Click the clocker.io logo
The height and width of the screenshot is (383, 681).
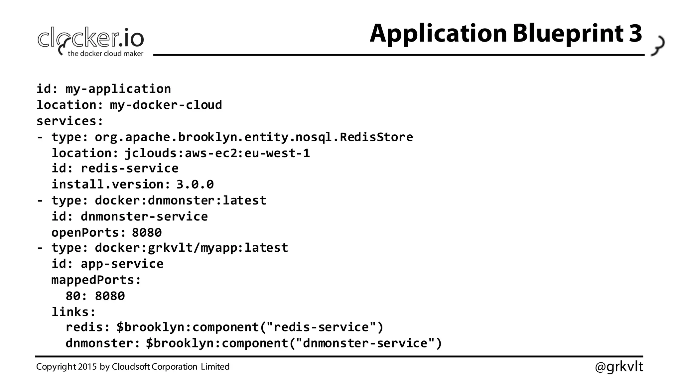coord(90,41)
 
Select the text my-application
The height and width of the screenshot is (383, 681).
coord(118,89)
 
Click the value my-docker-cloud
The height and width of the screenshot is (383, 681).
coord(166,105)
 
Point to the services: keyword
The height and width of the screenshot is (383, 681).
coord(70,121)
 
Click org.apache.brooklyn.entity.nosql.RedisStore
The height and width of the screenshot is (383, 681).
coord(254,137)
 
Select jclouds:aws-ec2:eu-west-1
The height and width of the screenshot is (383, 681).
coord(217,153)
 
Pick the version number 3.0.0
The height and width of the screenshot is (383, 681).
coord(195,185)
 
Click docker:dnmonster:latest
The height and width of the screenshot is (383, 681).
coord(181,200)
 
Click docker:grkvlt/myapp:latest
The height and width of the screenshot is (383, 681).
coord(191,248)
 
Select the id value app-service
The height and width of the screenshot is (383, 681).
coord(122,264)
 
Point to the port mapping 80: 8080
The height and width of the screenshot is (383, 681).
coord(95,296)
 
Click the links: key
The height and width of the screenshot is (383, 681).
coord(73,312)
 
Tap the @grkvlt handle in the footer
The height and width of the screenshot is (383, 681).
coord(618,367)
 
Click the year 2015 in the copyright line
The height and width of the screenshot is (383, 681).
coord(87,367)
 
